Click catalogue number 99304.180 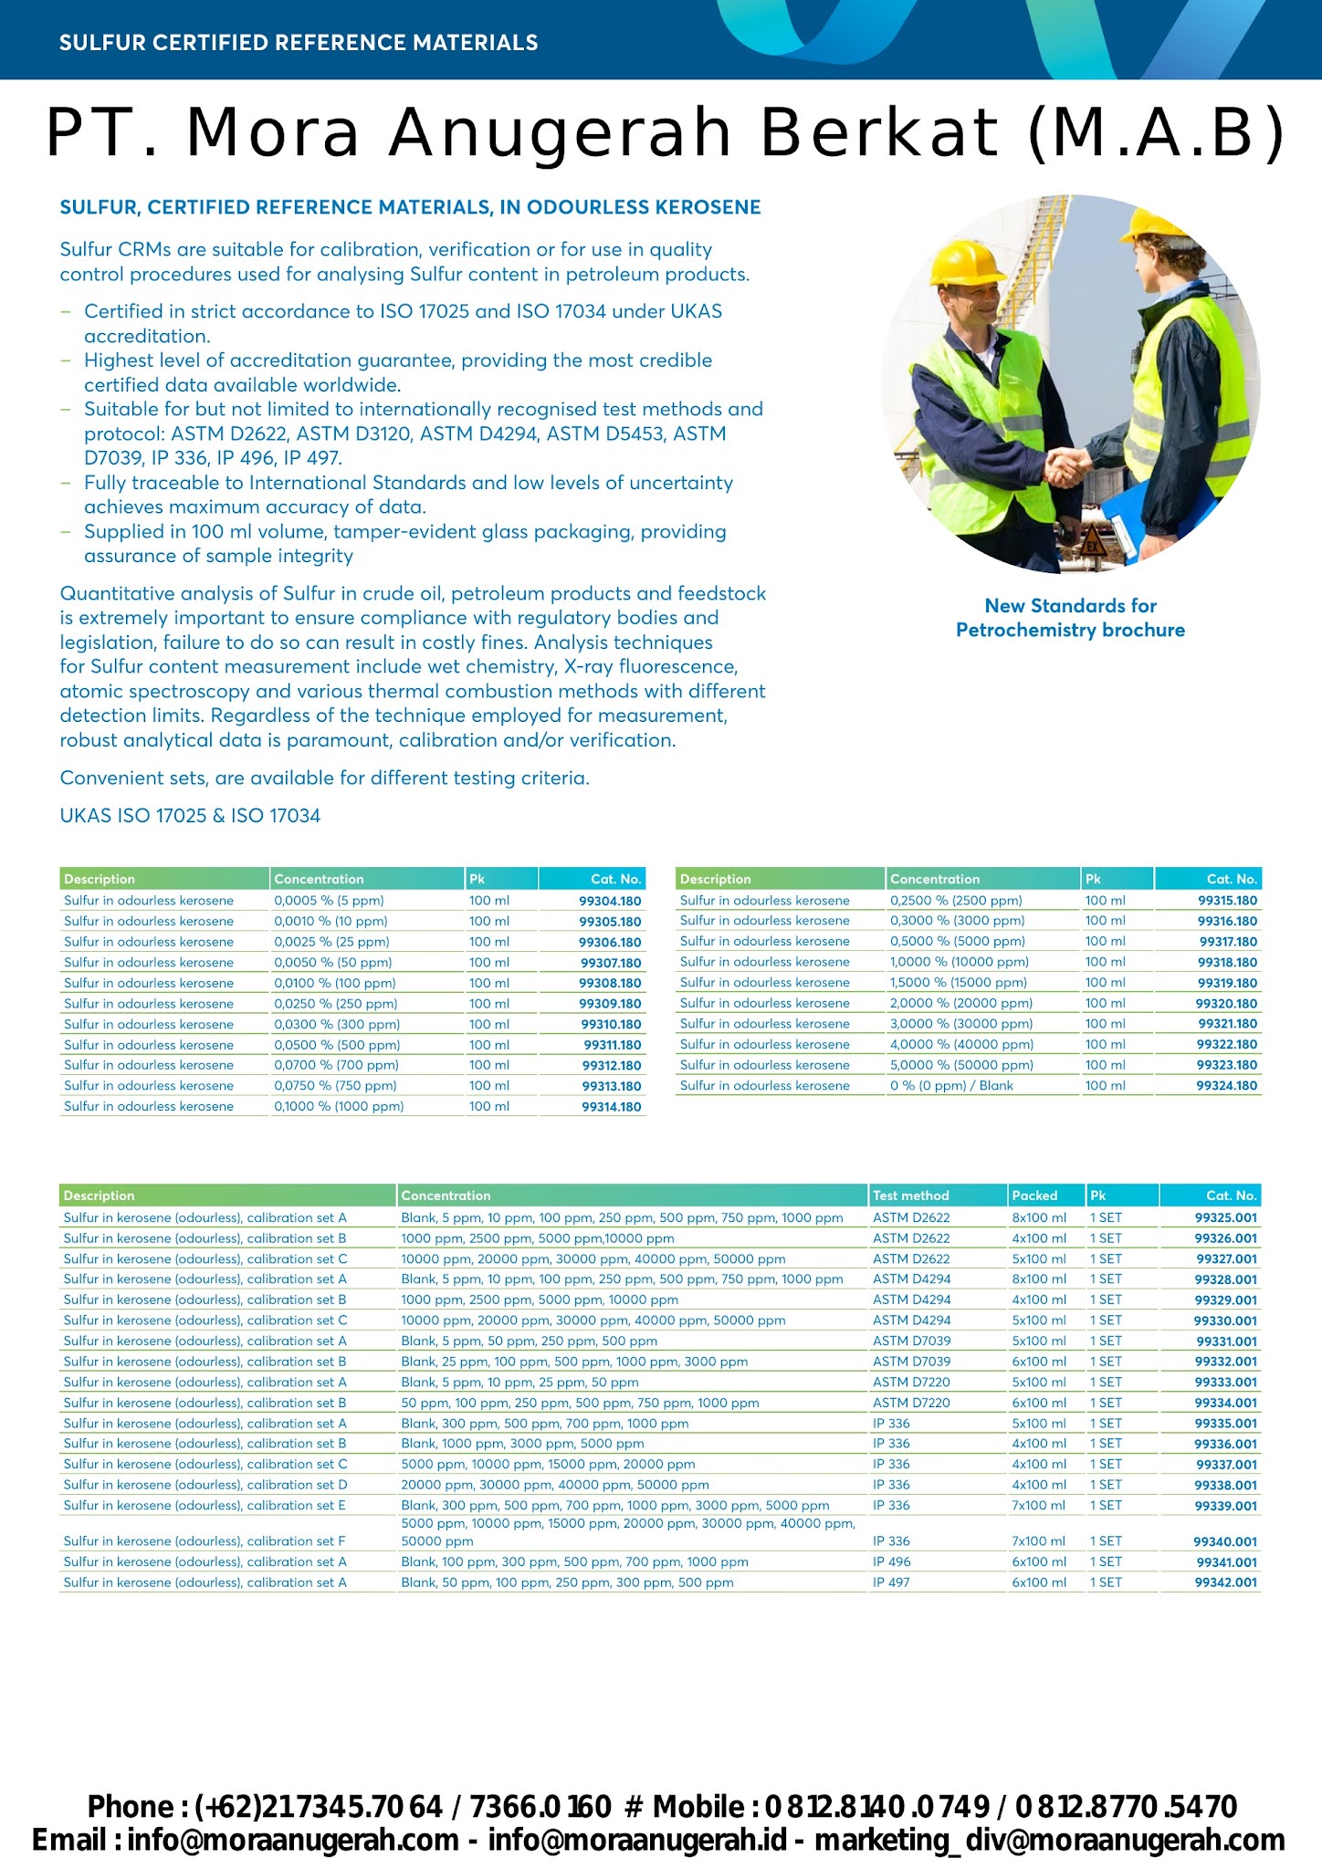coord(610,901)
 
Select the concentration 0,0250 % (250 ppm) coord(335,1004)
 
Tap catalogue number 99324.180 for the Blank coord(1227,1086)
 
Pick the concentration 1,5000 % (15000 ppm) coord(958,983)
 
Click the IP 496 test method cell coord(891,1561)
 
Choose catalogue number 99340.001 coord(1225,1541)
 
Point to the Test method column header coord(910,1196)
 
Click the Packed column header coord(1034,1196)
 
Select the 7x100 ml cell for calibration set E coord(1038,1506)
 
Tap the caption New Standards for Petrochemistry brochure coord(1070,618)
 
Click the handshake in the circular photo coord(1065,466)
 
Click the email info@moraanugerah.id coord(636,1840)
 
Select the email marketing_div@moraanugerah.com coord(1049,1840)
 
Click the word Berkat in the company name coord(879,132)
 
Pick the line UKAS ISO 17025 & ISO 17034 coord(190,816)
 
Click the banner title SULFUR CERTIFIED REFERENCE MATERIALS coord(299,43)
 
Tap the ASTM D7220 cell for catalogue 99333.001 coord(911,1382)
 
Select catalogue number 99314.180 coord(611,1107)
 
